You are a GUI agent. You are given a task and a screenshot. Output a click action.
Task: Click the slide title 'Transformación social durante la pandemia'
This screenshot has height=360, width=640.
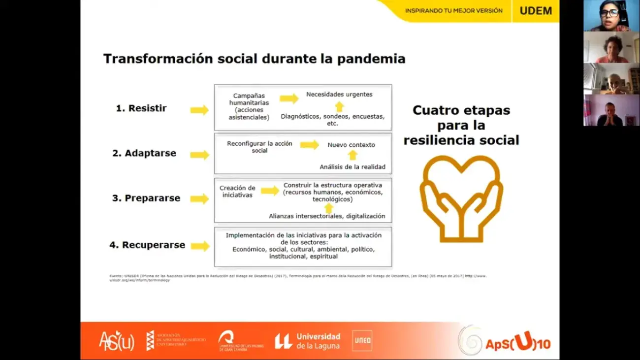coord(254,59)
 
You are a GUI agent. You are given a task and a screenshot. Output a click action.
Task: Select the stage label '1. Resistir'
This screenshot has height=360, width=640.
coord(141,108)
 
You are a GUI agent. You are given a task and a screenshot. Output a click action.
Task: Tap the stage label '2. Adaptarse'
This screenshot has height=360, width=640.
coord(144,153)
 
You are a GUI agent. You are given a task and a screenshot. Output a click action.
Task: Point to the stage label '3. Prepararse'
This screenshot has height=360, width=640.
coord(146,198)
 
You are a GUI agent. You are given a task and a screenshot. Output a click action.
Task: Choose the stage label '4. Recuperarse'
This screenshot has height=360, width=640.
coord(147,245)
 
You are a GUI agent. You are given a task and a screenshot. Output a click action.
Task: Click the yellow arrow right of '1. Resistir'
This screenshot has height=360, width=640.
coord(199,110)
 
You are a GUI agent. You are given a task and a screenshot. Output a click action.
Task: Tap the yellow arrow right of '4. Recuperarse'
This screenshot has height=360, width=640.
coord(200,246)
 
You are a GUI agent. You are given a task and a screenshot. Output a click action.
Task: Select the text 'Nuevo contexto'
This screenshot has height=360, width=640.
coord(351,145)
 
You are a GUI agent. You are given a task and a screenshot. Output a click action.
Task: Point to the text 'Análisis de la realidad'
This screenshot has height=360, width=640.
coord(352,167)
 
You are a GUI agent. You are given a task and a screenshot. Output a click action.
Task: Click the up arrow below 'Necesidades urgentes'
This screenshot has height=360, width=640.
coord(339,106)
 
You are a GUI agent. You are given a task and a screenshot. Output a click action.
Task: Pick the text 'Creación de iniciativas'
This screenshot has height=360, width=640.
coord(237,191)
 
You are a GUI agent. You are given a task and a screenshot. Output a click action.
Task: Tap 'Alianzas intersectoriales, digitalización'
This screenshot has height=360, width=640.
coord(327,216)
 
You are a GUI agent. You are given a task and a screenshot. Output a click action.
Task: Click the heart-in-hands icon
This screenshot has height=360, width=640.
coord(461,198)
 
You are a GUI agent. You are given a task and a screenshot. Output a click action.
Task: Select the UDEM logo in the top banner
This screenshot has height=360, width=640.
coord(536,11)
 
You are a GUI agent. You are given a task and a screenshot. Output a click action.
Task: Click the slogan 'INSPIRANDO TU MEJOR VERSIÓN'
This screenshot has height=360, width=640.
coord(453,11)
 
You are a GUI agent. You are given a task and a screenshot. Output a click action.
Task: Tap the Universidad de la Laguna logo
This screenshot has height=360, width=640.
coord(308,341)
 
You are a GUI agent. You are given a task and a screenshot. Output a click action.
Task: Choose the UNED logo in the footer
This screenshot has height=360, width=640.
coord(362,341)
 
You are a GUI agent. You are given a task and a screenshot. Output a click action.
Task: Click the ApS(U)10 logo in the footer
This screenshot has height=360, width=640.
coord(504,342)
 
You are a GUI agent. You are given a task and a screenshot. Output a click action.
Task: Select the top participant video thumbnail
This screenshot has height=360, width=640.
coord(611,16)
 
